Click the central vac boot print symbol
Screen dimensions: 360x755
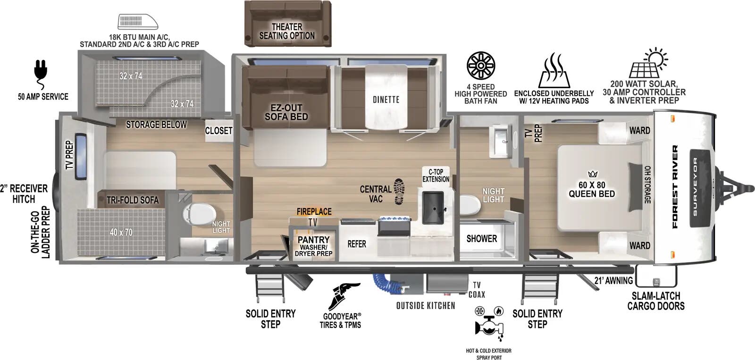point(399,191)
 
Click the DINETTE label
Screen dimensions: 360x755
point(386,100)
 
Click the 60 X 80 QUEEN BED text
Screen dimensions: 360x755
point(592,189)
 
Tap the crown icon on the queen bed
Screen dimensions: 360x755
point(593,174)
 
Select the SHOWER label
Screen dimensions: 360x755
point(481,239)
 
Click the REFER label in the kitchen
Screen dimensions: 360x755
point(357,244)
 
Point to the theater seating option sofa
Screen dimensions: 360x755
point(287,24)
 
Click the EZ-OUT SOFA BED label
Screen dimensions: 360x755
point(286,112)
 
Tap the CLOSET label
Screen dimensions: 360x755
point(218,131)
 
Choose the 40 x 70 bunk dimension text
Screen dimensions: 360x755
point(121,232)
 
